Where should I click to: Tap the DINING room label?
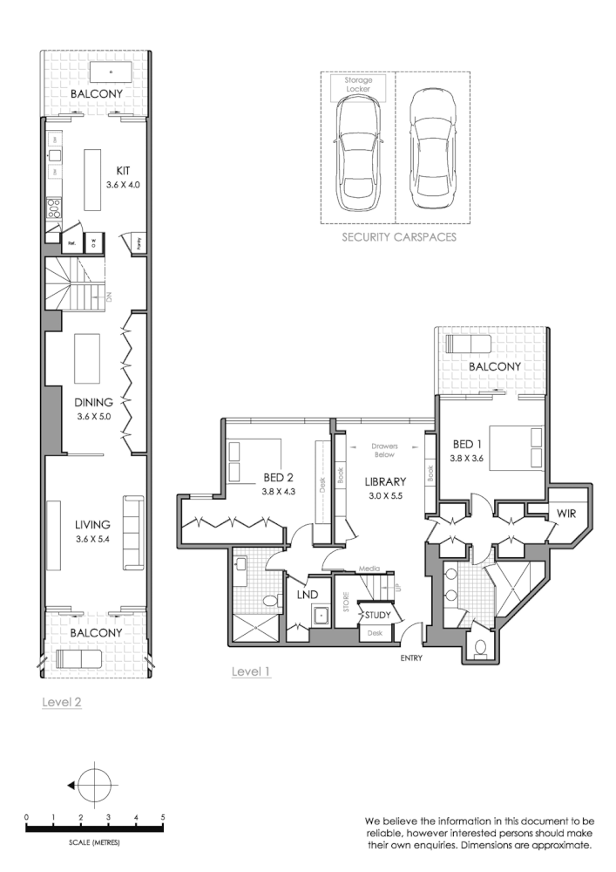(93, 403)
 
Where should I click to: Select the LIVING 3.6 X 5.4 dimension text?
(92, 538)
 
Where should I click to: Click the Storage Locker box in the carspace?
(357, 85)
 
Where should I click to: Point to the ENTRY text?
(411, 657)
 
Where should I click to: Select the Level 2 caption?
(62, 701)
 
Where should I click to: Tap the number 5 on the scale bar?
(163, 817)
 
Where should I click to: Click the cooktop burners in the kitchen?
(54, 208)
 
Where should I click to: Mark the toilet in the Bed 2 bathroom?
(271, 602)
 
